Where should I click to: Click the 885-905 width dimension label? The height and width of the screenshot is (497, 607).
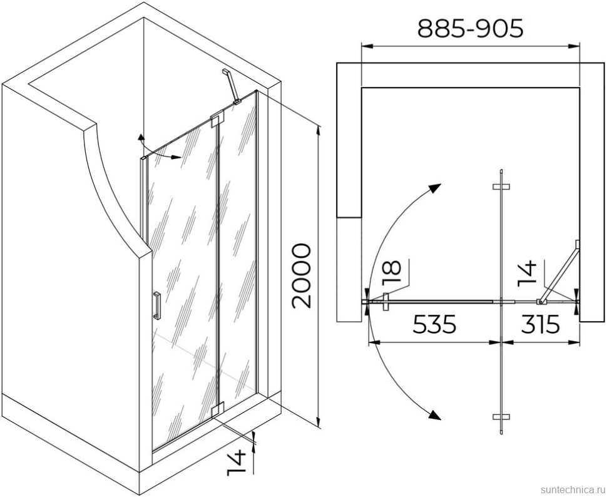tap(471, 28)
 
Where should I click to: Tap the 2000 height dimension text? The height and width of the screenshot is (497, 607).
tap(301, 276)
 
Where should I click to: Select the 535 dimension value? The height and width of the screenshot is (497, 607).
tap(435, 324)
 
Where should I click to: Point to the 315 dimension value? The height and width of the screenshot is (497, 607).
tap(541, 324)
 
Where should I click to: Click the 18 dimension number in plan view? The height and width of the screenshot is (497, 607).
tap(392, 273)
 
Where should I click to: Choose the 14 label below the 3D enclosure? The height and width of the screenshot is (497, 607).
tap(237, 463)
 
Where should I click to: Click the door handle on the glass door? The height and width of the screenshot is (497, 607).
tap(157, 305)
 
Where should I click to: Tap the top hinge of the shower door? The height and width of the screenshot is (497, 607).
tap(218, 120)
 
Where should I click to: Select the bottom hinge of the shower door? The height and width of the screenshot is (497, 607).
tap(218, 410)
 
